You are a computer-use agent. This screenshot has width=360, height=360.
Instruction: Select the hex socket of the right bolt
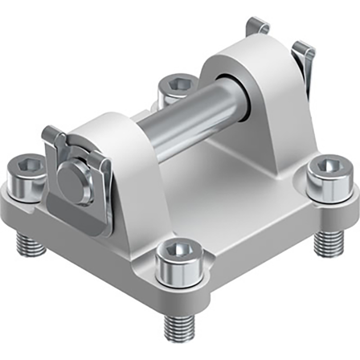coord(327,166)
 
